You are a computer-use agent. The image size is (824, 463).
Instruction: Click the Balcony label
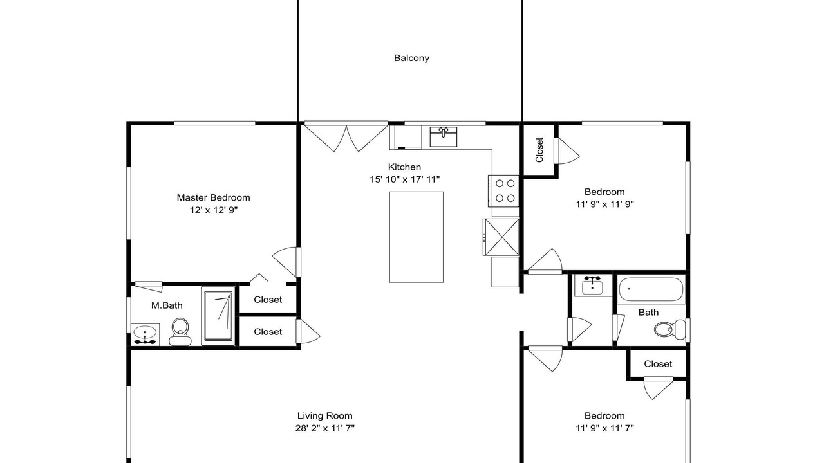[x=411, y=58]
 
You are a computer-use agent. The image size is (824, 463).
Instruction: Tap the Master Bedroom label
[x=213, y=197]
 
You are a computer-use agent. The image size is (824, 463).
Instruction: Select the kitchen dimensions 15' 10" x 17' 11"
[x=405, y=179]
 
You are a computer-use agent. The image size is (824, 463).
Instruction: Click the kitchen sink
[x=444, y=137]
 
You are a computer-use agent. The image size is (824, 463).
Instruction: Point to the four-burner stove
[x=503, y=191]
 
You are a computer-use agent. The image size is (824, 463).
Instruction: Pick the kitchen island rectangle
[x=417, y=237]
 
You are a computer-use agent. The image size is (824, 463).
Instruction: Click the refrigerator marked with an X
[x=501, y=237]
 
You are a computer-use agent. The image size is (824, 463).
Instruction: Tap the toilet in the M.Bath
[x=180, y=332]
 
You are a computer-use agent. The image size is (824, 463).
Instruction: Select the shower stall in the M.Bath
[x=218, y=316]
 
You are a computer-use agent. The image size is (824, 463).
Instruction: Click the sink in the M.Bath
[x=145, y=334]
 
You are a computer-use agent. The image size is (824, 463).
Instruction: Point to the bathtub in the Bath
[x=651, y=289]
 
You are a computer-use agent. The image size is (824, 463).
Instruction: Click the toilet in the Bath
[x=670, y=330]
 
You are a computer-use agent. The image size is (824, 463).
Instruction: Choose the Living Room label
[x=325, y=415]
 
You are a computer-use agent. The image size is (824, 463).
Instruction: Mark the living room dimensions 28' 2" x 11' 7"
[x=325, y=428]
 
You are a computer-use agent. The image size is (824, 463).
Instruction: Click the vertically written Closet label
[x=539, y=150]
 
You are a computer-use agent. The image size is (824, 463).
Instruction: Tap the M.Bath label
[x=167, y=305]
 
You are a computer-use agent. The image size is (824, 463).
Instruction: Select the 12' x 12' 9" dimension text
[x=214, y=210]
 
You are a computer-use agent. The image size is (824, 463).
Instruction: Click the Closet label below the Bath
[x=658, y=364]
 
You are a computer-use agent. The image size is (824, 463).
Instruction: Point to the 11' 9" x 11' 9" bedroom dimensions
[x=604, y=204]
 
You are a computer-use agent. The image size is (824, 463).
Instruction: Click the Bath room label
[x=648, y=313]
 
